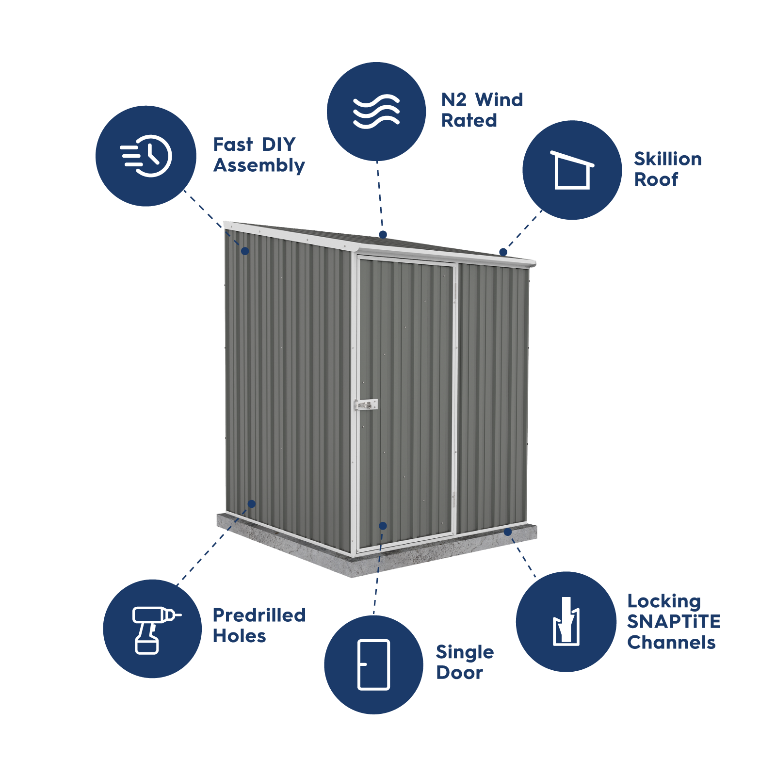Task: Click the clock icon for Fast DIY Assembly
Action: click(146, 156)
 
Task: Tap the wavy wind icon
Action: click(376, 112)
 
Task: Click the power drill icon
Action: click(153, 629)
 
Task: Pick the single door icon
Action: click(373, 664)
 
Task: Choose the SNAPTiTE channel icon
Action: click(566, 621)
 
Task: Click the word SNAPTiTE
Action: click(674, 622)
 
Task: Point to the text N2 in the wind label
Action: click(454, 100)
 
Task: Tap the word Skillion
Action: click(668, 159)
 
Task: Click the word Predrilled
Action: click(259, 615)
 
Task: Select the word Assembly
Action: click(259, 165)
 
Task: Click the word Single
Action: click(465, 653)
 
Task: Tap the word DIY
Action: click(279, 145)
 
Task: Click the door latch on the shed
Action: click(366, 404)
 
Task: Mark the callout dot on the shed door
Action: click(383, 526)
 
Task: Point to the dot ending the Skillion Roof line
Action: click(503, 252)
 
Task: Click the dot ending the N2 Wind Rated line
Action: click(383, 234)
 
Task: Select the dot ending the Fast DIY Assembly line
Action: click(245, 251)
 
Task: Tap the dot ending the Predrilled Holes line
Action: click(251, 504)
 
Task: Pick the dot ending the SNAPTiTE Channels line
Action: click(508, 532)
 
